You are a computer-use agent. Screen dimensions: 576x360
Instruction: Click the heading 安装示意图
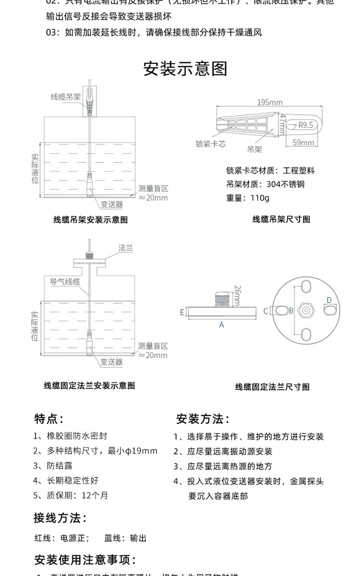(185, 69)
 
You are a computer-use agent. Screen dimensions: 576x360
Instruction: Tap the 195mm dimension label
(269, 102)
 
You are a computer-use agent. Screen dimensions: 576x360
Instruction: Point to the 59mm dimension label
(303, 143)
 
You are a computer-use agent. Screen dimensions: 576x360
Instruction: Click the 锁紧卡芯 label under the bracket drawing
(210, 144)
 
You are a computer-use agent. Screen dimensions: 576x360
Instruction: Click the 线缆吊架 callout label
(66, 97)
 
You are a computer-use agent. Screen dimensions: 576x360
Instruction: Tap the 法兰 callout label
(125, 248)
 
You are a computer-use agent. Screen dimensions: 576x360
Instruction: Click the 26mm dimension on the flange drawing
(237, 295)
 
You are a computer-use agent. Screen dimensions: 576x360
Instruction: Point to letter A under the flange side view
(222, 324)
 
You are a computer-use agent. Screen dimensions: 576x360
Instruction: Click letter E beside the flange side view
(182, 312)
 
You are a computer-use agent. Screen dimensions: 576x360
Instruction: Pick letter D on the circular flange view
(329, 300)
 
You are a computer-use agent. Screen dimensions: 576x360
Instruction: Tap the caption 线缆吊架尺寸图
(281, 219)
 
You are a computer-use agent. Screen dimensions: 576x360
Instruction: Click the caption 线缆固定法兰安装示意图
(89, 385)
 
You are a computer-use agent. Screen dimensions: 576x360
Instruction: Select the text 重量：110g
(248, 198)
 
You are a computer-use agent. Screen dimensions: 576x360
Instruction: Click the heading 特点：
(49, 419)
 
